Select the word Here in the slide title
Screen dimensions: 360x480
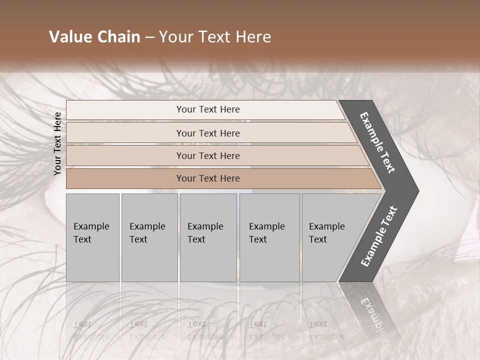[252, 37]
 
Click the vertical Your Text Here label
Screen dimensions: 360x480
[57, 143]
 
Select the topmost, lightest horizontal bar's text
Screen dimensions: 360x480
[208, 109]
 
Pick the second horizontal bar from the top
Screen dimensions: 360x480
[208, 133]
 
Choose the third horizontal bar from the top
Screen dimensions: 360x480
[208, 155]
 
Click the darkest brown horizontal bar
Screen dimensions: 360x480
[208, 178]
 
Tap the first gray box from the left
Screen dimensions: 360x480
[92, 237]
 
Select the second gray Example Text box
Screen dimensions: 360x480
[149, 237]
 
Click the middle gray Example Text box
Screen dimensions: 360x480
[208, 237]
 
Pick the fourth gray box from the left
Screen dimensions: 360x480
[269, 237]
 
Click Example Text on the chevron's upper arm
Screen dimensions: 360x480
[378, 142]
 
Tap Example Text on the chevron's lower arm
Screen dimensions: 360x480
[379, 236]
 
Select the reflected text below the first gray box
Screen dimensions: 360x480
[92, 330]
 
